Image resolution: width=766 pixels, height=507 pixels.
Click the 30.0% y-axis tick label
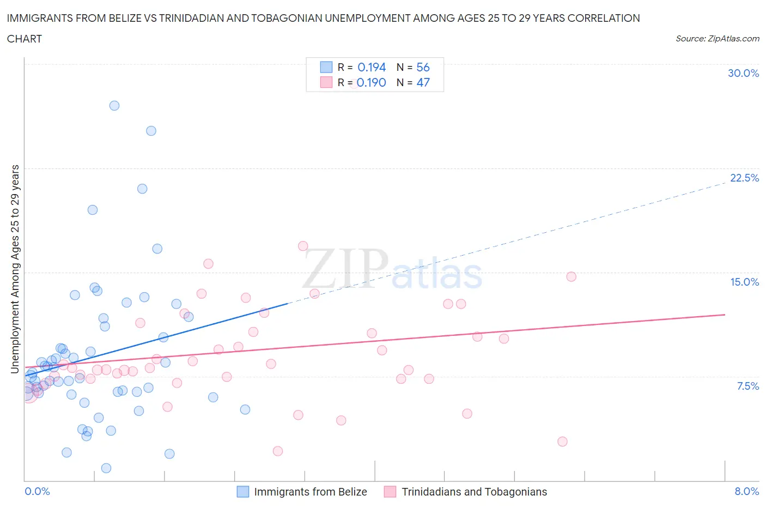point(743,73)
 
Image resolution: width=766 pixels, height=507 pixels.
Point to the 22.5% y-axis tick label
point(744,178)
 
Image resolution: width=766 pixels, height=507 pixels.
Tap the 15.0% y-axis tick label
point(744,282)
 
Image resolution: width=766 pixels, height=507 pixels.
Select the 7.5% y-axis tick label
point(747,386)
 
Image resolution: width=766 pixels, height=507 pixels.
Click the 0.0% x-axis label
point(37,491)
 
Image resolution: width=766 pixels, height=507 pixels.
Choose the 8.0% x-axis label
point(746,491)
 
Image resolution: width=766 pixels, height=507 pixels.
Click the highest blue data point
point(114,106)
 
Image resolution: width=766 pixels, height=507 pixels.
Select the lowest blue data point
point(106,468)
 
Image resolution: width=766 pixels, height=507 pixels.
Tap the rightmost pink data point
point(571,276)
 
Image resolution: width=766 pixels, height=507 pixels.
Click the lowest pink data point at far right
point(562,442)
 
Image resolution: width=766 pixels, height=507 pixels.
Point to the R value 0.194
point(372,67)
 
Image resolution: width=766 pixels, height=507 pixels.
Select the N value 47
point(423,82)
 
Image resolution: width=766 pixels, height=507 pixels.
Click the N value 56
point(423,67)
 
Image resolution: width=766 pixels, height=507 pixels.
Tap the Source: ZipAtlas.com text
point(717,39)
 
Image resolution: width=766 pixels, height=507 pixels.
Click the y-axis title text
point(15,269)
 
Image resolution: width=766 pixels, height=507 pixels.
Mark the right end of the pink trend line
point(725,315)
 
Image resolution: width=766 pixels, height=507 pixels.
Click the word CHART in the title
point(25,39)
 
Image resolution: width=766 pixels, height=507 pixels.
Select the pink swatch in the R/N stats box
point(326,82)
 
